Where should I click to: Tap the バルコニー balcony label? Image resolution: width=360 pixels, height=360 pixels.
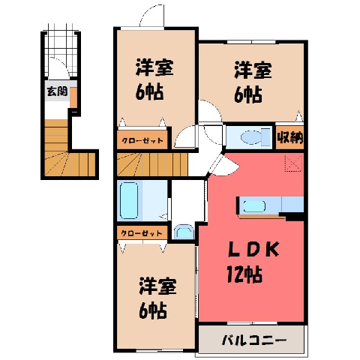coord(254,340)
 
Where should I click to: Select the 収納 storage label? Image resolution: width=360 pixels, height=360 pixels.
coord(290,137)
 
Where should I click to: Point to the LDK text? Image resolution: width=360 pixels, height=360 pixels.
coord(253,250)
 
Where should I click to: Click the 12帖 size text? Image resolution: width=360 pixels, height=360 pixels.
coord(244,274)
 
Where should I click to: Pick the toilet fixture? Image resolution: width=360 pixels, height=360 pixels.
coord(256,137)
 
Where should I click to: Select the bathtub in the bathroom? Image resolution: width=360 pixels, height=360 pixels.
coord(129,200)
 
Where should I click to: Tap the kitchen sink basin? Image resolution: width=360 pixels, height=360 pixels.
coord(254,206)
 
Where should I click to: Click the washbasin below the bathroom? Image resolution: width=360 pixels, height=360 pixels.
coord(184,232)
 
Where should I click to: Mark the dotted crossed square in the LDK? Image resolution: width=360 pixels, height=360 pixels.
coord(293,163)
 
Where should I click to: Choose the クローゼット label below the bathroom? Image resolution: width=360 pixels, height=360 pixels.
coord(142,233)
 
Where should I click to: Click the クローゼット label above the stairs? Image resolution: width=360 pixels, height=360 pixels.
coord(142,140)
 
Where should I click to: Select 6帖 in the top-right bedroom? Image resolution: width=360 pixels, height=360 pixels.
coord(248,94)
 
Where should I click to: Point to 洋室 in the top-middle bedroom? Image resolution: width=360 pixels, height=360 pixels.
coord(154,67)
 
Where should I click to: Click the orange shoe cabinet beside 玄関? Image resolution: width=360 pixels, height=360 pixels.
coord(73,97)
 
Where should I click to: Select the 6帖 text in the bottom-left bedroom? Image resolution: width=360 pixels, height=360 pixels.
coord(152,310)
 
